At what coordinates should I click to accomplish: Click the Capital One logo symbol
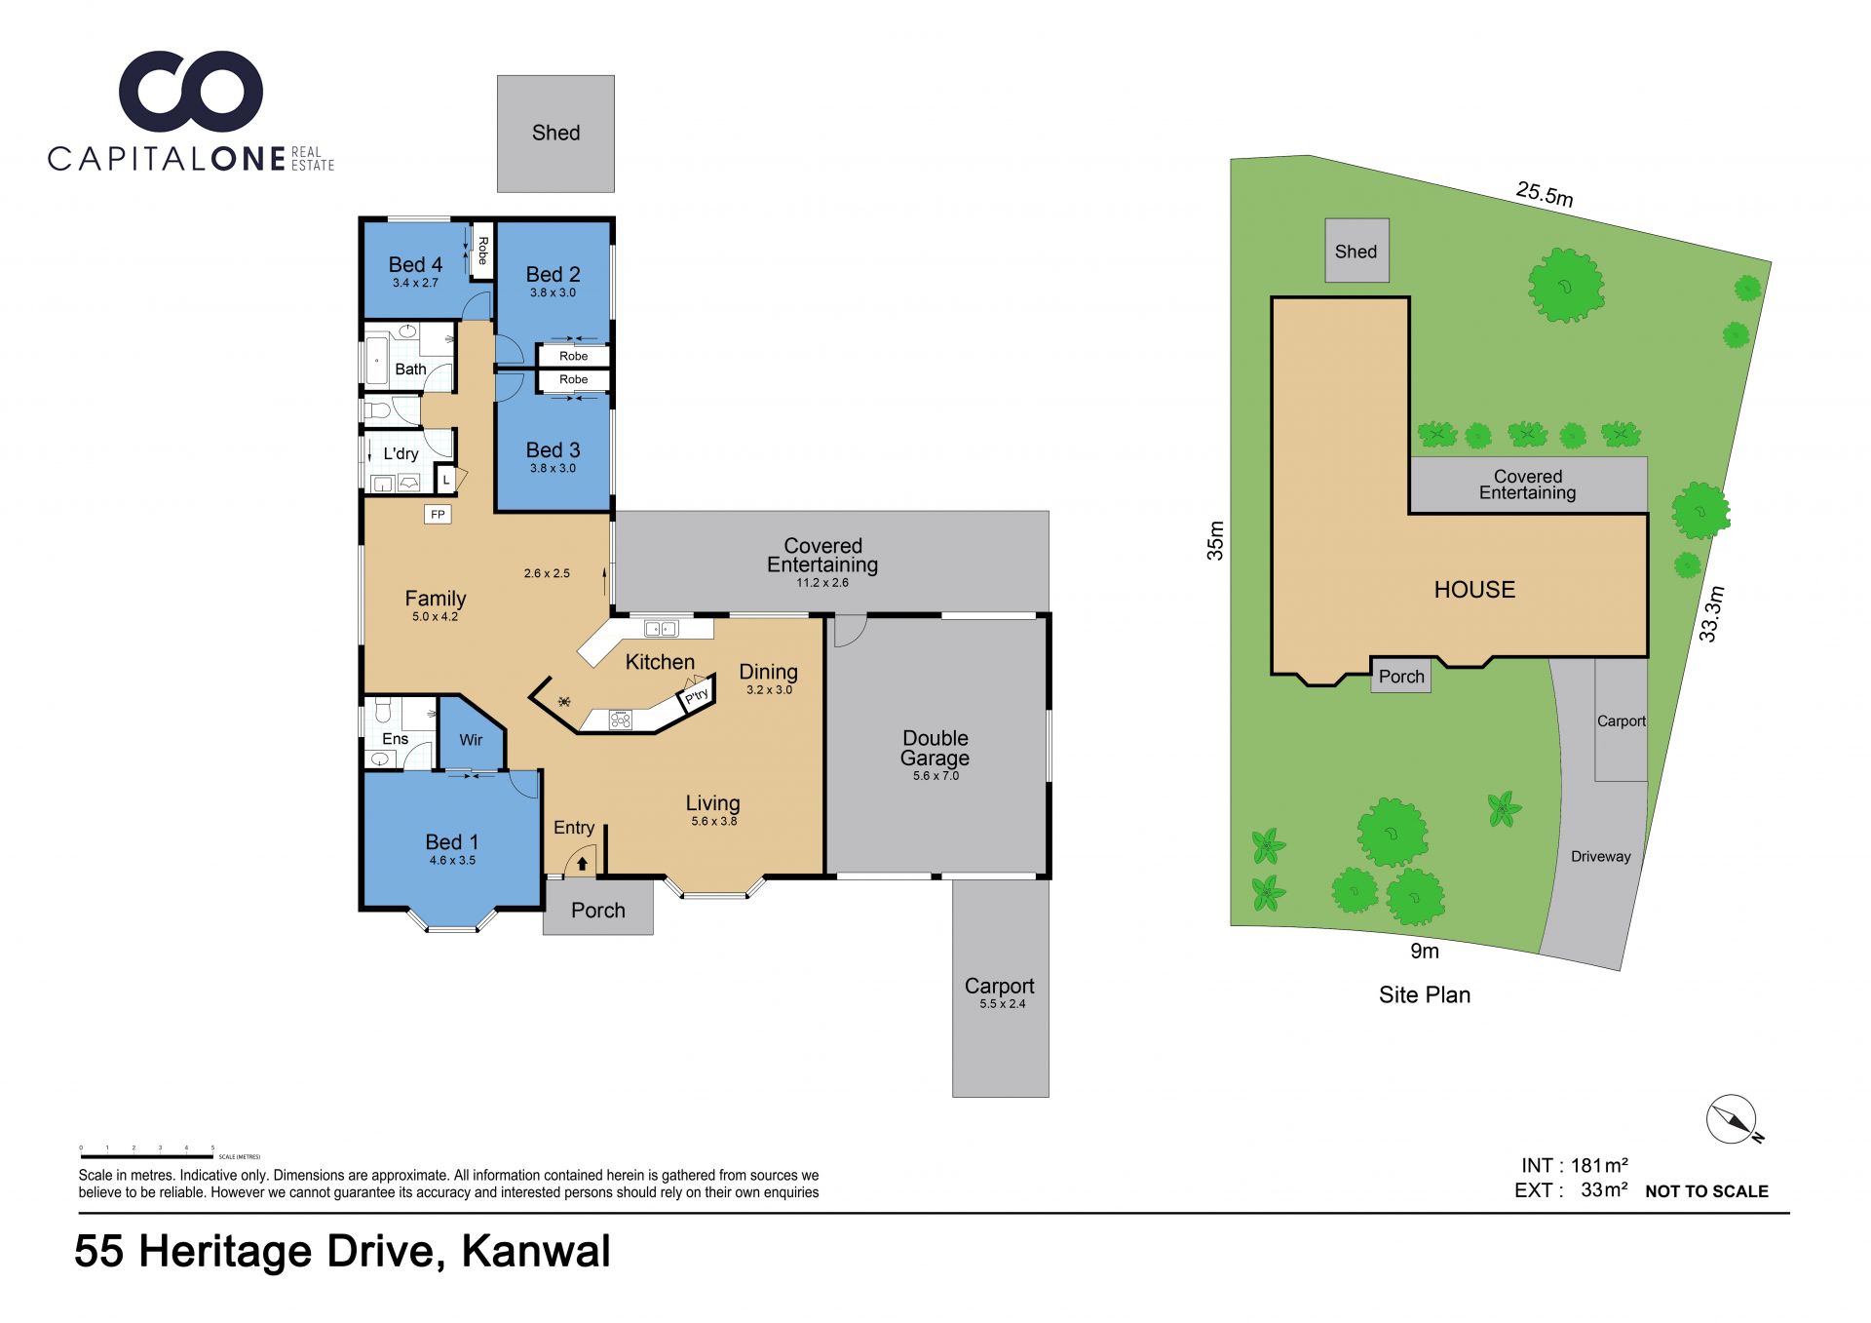click(x=191, y=92)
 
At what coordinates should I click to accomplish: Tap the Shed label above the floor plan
click(x=555, y=133)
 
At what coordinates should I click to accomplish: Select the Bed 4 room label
click(x=415, y=264)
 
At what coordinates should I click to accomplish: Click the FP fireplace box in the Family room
click(x=438, y=514)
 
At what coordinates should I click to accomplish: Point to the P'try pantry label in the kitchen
click(x=696, y=696)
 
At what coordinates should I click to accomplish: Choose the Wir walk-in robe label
click(x=471, y=740)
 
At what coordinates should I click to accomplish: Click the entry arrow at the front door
click(x=582, y=863)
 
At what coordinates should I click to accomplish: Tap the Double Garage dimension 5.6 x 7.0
click(x=935, y=776)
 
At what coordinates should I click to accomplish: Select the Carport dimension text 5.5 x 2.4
click(x=1002, y=1004)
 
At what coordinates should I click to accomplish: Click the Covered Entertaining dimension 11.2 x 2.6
click(x=822, y=583)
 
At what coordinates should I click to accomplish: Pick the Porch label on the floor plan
click(x=598, y=910)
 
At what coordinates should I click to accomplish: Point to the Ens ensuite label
click(x=395, y=739)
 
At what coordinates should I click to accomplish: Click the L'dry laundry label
click(x=401, y=453)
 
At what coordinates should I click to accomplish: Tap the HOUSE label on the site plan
click(x=1474, y=590)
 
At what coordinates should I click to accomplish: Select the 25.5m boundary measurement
click(x=1545, y=194)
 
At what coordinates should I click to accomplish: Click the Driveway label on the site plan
click(x=1600, y=857)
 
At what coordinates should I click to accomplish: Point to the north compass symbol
click(x=1734, y=1119)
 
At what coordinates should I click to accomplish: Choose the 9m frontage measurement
click(x=1425, y=951)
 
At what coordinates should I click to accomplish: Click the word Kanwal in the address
click(x=536, y=1251)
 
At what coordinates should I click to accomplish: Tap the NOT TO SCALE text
click(x=1706, y=1191)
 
